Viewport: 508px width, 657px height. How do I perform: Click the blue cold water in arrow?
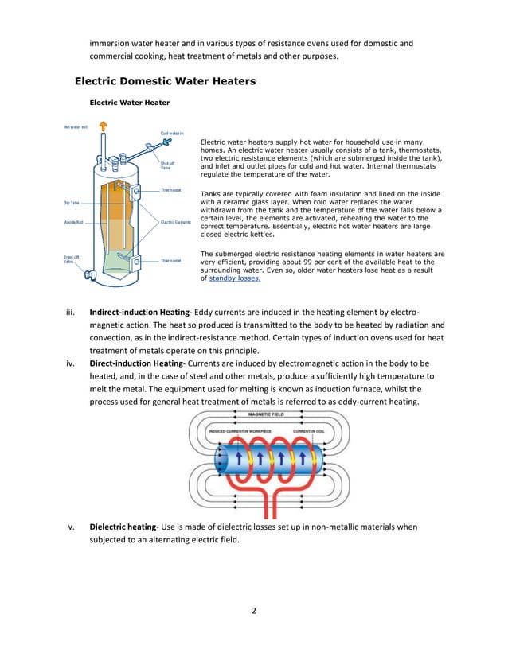pyautogui.click(x=168, y=142)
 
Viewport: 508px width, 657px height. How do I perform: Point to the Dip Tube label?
pyautogui.click(x=71, y=202)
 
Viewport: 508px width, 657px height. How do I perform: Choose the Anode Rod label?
pyautogui.click(x=75, y=221)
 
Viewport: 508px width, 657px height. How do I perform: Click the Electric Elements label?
pyautogui.click(x=178, y=221)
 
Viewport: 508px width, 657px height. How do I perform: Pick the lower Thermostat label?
pyautogui.click(x=171, y=260)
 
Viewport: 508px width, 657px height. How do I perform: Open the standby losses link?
pyautogui.click(x=234, y=279)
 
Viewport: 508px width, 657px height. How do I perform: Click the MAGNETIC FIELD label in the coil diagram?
pyautogui.click(x=271, y=414)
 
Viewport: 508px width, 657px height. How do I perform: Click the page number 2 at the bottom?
pyautogui.click(x=253, y=611)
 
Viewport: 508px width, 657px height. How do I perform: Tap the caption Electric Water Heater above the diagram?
pyautogui.click(x=129, y=103)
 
